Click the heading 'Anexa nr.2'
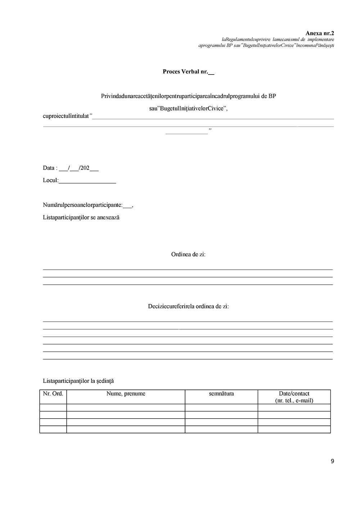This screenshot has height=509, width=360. (x=320, y=33)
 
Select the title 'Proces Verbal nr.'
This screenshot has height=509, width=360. (x=185, y=72)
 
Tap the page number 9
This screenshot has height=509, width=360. (x=332, y=461)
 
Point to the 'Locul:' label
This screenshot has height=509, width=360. (x=50, y=180)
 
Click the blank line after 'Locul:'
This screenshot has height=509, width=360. (x=87, y=182)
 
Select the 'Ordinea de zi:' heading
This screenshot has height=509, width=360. (x=188, y=254)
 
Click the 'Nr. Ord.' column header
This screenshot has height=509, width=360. (x=53, y=394)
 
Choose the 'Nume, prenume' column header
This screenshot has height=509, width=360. (x=126, y=394)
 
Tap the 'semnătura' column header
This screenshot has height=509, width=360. (x=221, y=394)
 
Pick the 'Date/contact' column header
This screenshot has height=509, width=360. (x=294, y=394)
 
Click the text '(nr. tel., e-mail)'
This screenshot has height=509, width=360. (x=294, y=400)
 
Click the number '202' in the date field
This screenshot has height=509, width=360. (x=85, y=168)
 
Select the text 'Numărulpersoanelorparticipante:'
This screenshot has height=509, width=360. (x=82, y=205)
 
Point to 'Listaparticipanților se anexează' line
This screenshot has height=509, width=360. (x=81, y=217)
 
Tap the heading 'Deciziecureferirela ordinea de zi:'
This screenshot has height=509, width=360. (x=188, y=306)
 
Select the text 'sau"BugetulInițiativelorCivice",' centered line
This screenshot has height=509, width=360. (x=188, y=108)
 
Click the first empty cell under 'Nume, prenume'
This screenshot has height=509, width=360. (x=126, y=407)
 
